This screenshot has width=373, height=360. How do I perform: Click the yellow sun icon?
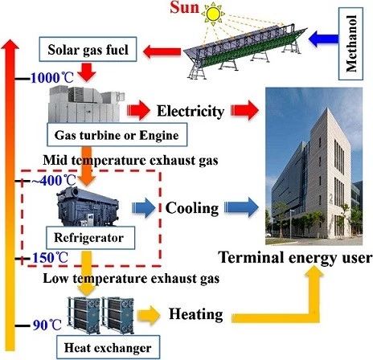tap(213, 14)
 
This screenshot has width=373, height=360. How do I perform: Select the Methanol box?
tap(350, 43)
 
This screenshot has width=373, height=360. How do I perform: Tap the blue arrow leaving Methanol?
tap(323, 39)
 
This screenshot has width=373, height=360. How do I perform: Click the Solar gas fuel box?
tap(88, 49)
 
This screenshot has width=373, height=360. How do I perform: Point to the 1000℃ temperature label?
tap(52, 78)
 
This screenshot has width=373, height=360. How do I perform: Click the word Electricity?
tap(191, 111)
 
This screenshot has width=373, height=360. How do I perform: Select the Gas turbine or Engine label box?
tap(117, 135)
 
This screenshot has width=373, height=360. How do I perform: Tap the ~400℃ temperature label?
tap(54, 181)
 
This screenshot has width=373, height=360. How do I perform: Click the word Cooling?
tap(192, 208)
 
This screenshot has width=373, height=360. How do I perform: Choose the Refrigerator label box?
tap(90, 238)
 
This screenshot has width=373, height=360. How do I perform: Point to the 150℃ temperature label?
tap(50, 258)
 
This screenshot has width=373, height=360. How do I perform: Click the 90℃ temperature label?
tap(47, 325)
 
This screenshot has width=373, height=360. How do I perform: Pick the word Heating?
tap(196, 314)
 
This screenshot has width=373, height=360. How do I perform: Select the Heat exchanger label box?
tap(108, 347)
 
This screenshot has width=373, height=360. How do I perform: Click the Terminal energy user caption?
tap(295, 258)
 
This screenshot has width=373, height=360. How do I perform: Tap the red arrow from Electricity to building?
tap(244, 110)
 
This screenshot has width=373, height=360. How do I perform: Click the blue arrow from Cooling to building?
tap(241, 207)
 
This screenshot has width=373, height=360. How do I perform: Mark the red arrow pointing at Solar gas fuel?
tap(162, 51)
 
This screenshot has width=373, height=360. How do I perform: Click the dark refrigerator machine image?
tap(88, 207)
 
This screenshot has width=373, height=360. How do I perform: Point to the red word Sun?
tap(185, 7)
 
